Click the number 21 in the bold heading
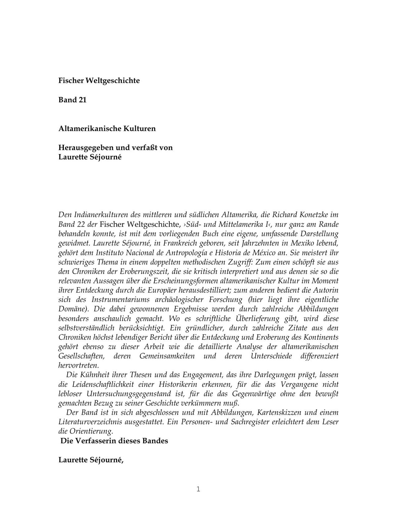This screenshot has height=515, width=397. coord(82,100)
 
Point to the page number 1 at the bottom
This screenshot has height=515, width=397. coord(198,489)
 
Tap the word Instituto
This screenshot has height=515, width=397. coord(110,253)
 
